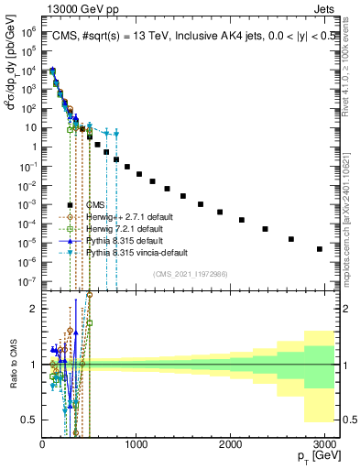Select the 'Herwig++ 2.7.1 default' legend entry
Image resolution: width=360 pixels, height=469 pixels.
pos(123,217)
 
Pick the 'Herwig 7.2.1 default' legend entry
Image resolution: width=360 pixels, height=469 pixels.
pos(119,228)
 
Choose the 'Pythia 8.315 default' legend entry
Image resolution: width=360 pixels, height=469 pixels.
pos(119,240)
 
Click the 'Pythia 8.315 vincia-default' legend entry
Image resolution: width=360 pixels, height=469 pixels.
pos(132,251)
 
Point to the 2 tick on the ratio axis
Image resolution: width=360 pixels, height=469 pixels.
pos(32,309)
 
